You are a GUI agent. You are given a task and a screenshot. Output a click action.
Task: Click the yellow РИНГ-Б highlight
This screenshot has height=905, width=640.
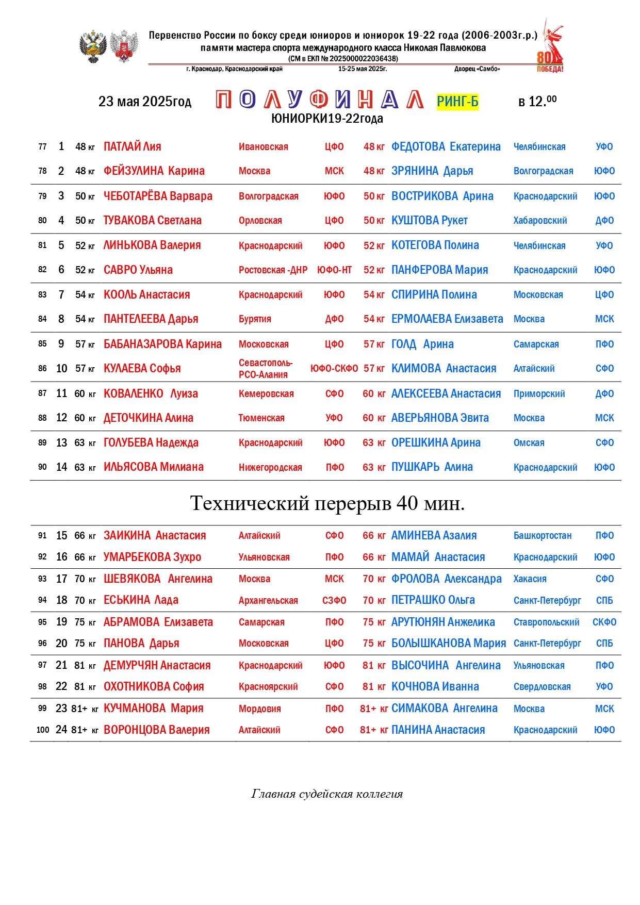coord(457,102)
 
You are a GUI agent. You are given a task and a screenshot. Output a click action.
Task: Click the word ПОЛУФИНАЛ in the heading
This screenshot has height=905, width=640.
coord(319,100)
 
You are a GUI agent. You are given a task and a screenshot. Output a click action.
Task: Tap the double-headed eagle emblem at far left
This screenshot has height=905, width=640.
coord(93,47)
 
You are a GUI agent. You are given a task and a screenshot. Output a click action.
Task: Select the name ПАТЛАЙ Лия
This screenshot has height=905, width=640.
coord(132,147)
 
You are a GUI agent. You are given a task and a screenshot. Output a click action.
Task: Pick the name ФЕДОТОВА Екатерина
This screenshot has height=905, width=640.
coord(446,147)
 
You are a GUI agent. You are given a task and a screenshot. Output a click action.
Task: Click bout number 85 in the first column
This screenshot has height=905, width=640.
coord(42,344)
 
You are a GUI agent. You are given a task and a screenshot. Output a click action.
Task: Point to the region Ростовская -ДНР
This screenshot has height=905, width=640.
coord(273,270)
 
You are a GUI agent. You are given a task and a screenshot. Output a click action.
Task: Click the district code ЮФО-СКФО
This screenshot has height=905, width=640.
coord(334,369)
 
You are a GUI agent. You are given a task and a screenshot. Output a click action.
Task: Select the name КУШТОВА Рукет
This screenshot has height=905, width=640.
coord(429,221)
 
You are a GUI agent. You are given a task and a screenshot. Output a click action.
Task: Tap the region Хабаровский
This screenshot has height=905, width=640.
coord(540,221)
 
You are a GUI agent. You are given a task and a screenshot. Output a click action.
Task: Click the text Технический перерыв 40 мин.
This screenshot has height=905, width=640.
coord(327,503)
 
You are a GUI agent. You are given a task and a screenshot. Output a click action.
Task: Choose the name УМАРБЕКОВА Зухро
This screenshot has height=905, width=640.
coord(152,557)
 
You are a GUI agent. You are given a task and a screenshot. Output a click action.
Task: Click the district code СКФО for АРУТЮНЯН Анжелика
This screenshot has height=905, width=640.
coord(604,622)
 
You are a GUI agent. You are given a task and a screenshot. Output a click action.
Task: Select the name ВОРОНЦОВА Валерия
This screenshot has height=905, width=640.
coord(156,730)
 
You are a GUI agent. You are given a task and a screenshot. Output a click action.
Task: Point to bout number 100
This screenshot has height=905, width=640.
coord(43,730)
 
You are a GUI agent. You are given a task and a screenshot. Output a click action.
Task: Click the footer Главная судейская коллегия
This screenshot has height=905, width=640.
coord(327,794)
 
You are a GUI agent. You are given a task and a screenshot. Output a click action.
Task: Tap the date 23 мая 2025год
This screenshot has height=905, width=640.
coord(145,102)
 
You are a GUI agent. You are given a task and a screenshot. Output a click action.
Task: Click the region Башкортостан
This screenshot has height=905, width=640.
coord(542,536)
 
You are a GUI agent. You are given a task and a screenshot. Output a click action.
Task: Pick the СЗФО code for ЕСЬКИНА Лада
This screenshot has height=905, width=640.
coord(334,601)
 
